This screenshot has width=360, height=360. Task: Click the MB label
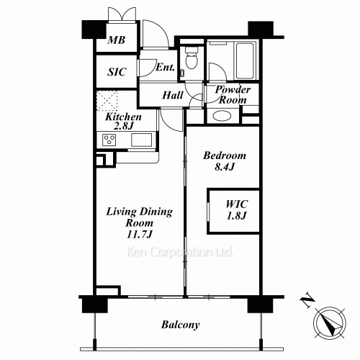click(x=117, y=41)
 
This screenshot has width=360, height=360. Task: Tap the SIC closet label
click(x=117, y=72)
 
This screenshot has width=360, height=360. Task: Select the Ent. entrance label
click(x=165, y=68)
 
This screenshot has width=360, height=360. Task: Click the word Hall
click(x=171, y=94)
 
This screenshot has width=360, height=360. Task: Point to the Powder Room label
click(x=233, y=94)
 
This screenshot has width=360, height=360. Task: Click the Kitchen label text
click(x=123, y=117)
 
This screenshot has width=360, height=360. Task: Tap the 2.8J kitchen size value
click(x=123, y=127)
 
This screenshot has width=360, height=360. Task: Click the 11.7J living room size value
click(x=138, y=235)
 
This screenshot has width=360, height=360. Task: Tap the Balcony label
click(x=179, y=325)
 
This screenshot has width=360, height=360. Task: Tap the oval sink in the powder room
click(x=219, y=116)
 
